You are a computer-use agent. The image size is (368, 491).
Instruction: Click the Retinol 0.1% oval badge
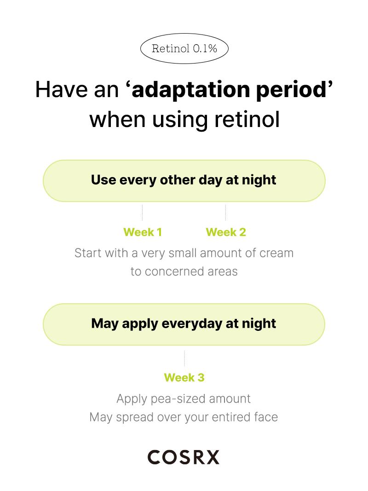click(184, 48)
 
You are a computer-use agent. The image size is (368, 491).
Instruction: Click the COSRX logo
click(184, 457)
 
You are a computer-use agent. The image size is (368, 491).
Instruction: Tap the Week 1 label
click(143, 232)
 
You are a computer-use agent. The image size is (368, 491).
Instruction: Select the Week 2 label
click(226, 232)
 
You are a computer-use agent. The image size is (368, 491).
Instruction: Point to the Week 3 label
click(184, 378)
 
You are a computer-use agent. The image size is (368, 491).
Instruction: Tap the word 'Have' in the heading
click(62, 90)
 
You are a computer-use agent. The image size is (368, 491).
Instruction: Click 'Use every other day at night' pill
click(184, 181)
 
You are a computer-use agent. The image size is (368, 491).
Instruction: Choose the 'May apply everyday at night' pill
click(184, 324)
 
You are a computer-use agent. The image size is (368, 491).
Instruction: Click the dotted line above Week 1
click(143, 213)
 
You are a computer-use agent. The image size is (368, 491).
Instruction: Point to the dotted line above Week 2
click(225, 213)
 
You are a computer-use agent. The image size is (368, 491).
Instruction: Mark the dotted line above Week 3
click(184, 358)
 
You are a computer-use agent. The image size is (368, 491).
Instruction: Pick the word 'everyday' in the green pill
click(192, 324)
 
